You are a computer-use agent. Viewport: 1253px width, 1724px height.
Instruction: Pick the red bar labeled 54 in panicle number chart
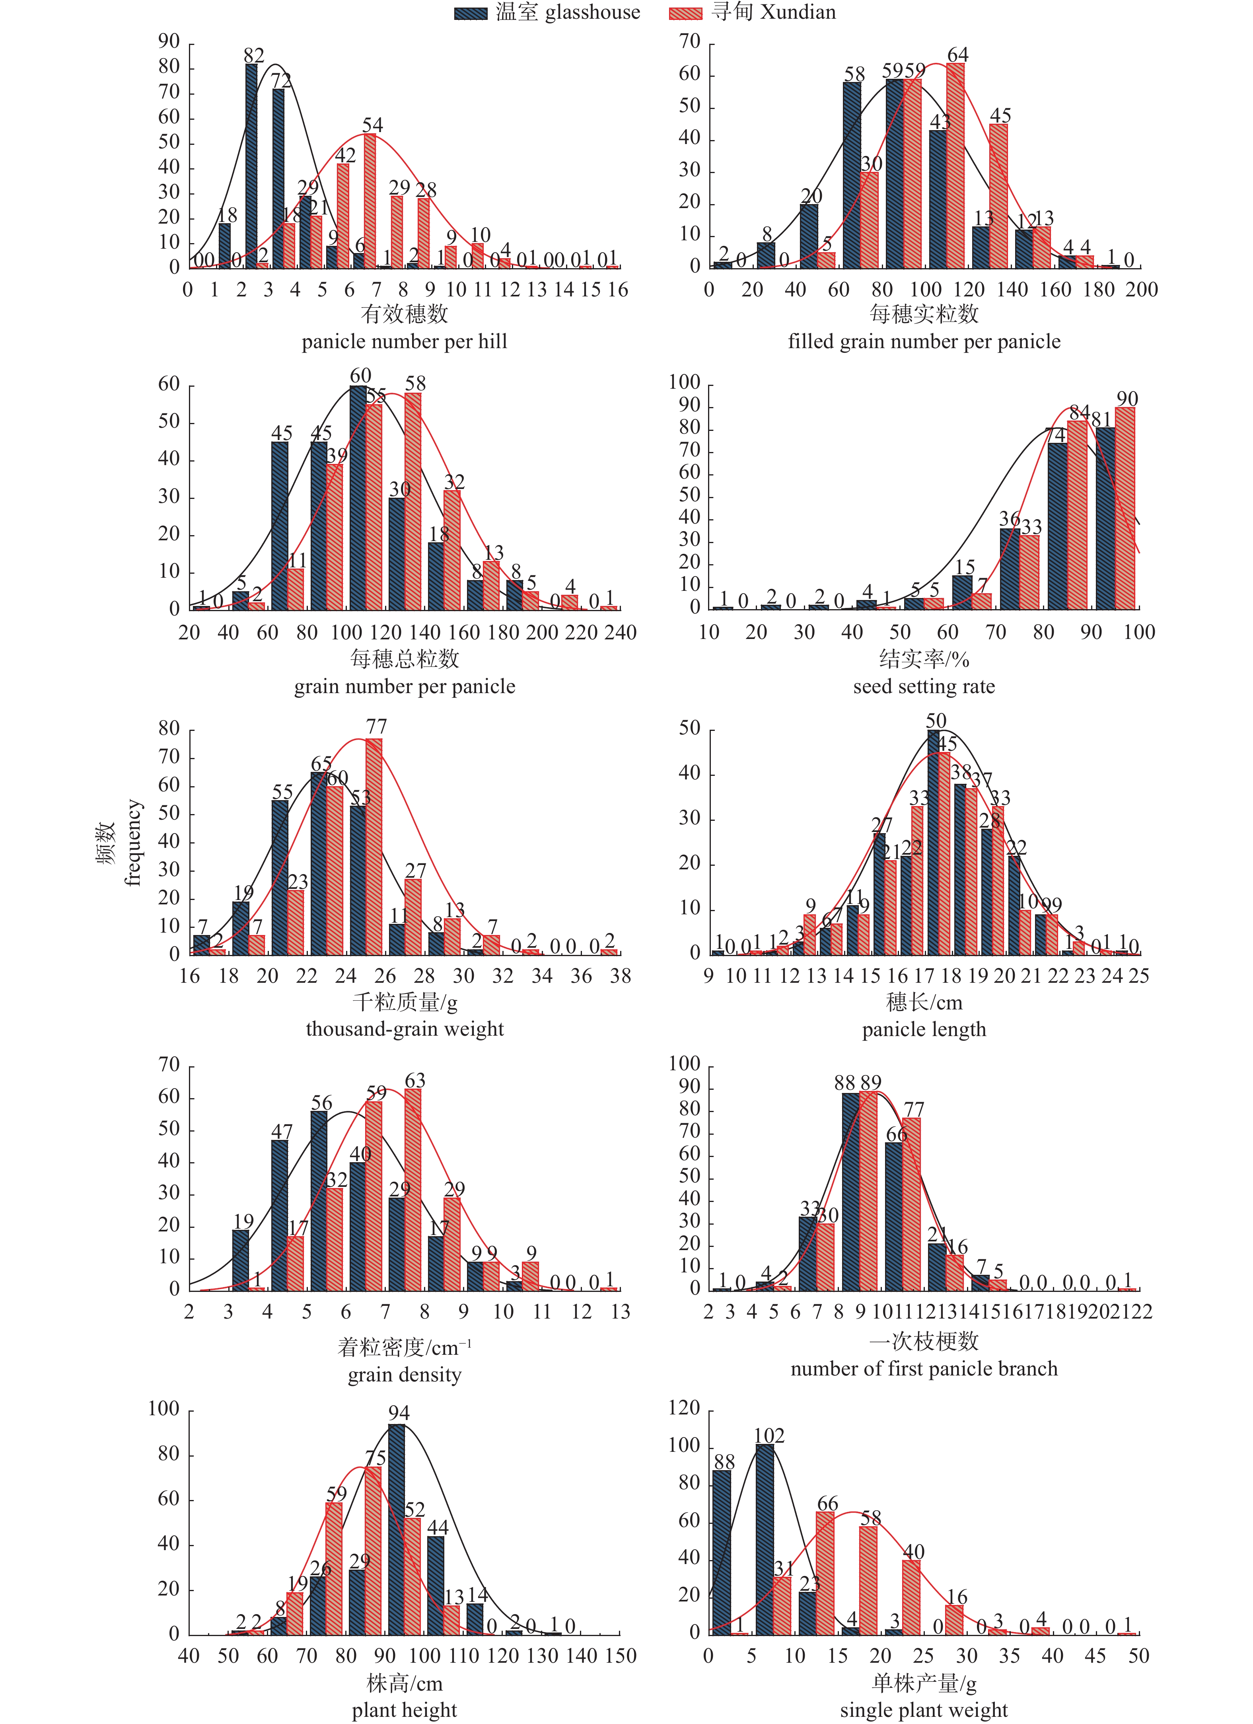370,201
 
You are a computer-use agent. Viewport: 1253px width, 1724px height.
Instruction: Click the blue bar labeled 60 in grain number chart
358,498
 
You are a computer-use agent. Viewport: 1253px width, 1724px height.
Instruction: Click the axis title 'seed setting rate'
924,686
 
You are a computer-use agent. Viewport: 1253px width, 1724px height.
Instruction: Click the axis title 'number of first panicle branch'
924,1369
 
